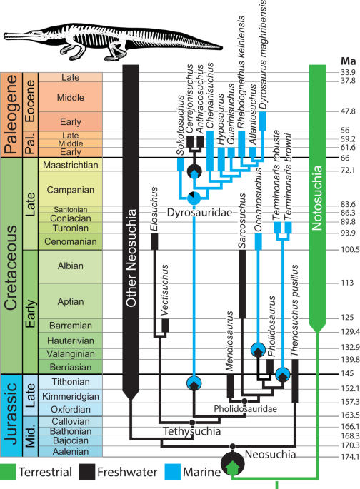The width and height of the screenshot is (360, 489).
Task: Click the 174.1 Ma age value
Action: tap(349, 456)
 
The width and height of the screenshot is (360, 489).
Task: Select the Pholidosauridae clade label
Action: tap(244, 408)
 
